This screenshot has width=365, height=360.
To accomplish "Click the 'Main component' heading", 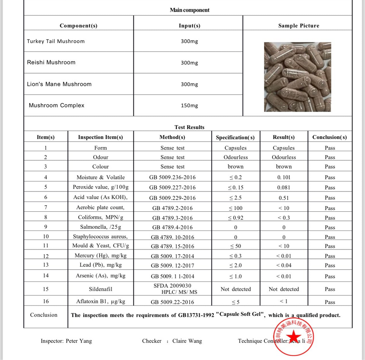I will pyautogui.click(x=189, y=10).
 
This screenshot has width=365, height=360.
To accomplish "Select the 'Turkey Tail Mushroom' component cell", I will pyautogui.click(x=56, y=41).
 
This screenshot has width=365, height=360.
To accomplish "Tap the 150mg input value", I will pyautogui.click(x=189, y=106).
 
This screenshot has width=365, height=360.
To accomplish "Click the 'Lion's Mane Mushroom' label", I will pyautogui.click(x=59, y=84).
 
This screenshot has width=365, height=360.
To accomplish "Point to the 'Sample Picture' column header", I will pyautogui.click(x=298, y=26).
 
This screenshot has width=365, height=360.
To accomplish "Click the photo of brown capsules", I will pyautogui.click(x=297, y=77).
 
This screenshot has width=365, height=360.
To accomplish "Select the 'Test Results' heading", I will pyautogui.click(x=189, y=127).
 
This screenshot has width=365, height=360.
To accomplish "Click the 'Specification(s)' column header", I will pyautogui.click(x=235, y=137).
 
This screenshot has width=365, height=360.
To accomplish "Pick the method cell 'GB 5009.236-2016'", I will pyautogui.click(x=172, y=177).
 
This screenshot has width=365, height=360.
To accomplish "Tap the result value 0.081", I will pyautogui.click(x=284, y=187).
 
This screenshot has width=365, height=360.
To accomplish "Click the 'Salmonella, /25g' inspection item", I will pyautogui.click(x=101, y=227).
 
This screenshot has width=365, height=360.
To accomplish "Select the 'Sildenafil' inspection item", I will pyautogui.click(x=101, y=289).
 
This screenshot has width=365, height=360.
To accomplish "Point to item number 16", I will pyautogui.click(x=46, y=301).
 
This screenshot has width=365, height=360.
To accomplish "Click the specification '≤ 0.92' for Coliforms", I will pyautogui.click(x=235, y=218).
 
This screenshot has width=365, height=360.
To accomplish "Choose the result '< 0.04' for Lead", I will pyautogui.click(x=284, y=265).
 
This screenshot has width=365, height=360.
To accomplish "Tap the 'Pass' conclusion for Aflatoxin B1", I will pyautogui.click(x=330, y=302).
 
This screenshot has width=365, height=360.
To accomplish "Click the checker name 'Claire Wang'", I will pyautogui.click(x=187, y=341).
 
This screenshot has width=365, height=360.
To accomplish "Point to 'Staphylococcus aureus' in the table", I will pyautogui.click(x=100, y=237).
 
